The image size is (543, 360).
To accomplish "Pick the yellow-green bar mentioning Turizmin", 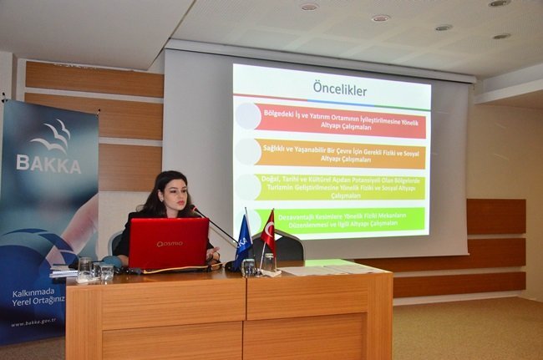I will pos(341,190).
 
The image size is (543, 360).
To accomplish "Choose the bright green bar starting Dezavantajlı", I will pos(341,221).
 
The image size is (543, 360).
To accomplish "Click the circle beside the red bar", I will pos(247,116).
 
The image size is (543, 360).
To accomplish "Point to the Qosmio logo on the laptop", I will pos(169,245).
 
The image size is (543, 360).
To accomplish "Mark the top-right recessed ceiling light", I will pos(499,3).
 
